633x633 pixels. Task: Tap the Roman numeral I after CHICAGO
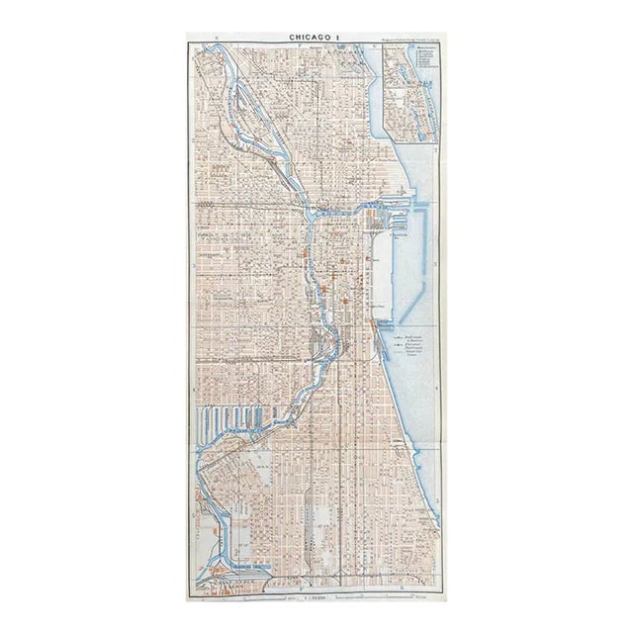pos(337,37)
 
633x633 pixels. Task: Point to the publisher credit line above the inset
pos(408,39)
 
